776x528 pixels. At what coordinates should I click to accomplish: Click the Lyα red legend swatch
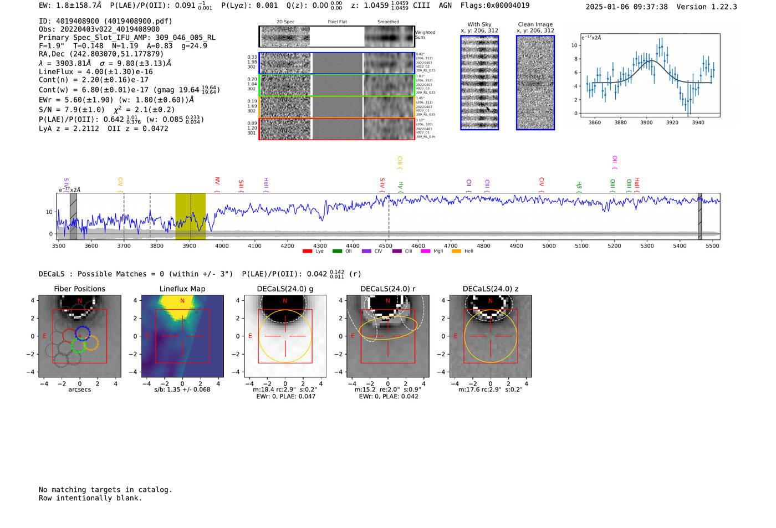(x=307, y=252)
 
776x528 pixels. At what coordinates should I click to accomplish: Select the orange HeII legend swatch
(x=456, y=252)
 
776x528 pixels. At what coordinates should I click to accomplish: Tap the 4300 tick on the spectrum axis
(x=320, y=245)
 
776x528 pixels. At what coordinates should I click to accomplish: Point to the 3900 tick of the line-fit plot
(x=646, y=122)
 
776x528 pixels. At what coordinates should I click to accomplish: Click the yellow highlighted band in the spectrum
(x=190, y=216)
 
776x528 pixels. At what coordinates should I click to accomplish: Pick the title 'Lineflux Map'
(x=182, y=289)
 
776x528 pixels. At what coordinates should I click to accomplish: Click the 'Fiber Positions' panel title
(x=79, y=289)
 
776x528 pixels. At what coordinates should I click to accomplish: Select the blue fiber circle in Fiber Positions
(x=83, y=334)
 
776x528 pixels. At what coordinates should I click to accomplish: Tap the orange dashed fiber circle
(x=91, y=343)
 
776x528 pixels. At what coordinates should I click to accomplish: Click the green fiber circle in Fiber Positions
(x=79, y=345)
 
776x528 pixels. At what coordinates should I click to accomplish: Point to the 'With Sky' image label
(x=479, y=24)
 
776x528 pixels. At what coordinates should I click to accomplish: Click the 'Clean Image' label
(x=535, y=24)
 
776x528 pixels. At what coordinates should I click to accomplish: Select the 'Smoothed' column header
(x=388, y=22)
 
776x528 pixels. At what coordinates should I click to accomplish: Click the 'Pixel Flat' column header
(x=337, y=22)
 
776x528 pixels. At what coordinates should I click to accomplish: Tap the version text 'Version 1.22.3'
(x=707, y=7)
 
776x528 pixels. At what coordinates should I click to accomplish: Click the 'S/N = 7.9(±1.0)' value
(x=72, y=110)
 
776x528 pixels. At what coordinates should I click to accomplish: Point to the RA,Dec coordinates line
(x=101, y=54)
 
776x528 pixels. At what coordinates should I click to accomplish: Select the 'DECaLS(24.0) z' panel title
(x=491, y=289)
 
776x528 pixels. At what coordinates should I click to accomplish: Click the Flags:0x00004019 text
(x=494, y=6)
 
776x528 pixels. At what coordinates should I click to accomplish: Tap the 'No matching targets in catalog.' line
(x=105, y=490)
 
